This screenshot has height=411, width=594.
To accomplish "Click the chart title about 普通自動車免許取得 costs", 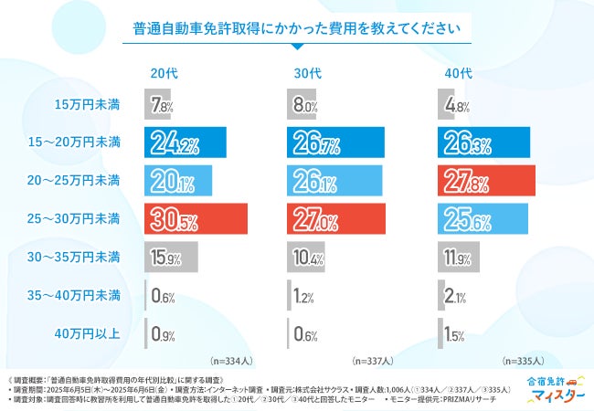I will pos(297,26).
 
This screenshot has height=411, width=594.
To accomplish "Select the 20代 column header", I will pos(165,73).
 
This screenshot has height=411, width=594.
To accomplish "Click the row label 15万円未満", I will pos(89,105).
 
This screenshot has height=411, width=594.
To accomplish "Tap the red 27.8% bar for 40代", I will pos(486,181).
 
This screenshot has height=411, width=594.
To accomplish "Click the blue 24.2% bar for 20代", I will pos(182,143).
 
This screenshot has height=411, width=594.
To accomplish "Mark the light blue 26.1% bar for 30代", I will pos(334,181).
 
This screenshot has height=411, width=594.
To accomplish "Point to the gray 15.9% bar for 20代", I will pos(170,257).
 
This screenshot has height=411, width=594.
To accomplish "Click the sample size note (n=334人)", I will pos(235,359).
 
